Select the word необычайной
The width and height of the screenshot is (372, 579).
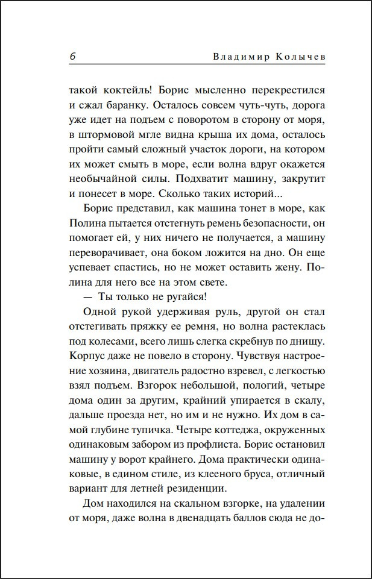click(103, 178)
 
